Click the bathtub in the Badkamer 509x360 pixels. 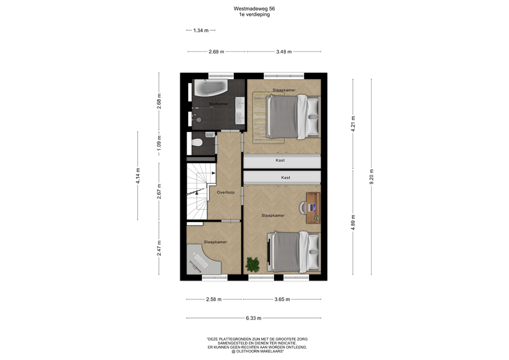(x=210, y=87)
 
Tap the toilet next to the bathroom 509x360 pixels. (x=197, y=142)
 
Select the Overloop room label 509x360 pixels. (x=226, y=192)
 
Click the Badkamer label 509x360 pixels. (x=219, y=104)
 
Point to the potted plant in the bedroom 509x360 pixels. (x=252, y=264)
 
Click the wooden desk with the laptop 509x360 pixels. (x=313, y=208)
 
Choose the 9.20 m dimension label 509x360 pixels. (x=372, y=177)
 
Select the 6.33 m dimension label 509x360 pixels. (x=253, y=318)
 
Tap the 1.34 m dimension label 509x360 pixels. (x=201, y=31)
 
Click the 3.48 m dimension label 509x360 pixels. (x=284, y=51)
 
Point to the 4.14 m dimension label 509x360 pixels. (x=138, y=175)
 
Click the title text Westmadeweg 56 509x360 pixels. (x=254, y=9)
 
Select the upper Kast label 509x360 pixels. (x=280, y=160)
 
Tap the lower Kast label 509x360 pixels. (x=286, y=178)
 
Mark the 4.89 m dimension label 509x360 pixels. (x=353, y=222)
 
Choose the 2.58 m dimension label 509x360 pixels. (x=214, y=300)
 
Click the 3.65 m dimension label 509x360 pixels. (x=282, y=300)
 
